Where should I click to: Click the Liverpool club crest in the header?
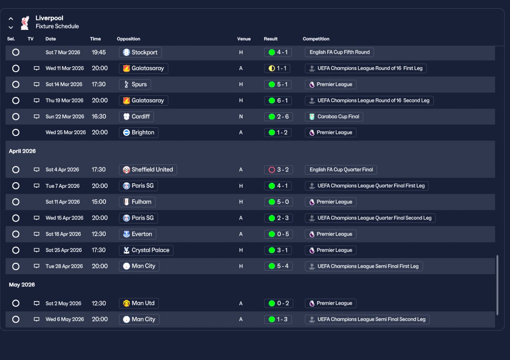[25, 22]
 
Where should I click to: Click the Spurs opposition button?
[135, 85]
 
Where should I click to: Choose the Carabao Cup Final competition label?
[334, 117]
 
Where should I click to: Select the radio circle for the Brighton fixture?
[16, 132]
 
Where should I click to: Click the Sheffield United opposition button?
[147, 169]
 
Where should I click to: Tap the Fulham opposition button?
[137, 202]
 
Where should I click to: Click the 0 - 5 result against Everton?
[278, 234]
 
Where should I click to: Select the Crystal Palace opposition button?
[146, 250]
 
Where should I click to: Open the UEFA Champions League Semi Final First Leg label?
[363, 266]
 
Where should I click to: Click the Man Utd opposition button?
[139, 303]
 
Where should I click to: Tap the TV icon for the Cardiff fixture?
[37, 117]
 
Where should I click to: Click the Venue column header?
[244, 39]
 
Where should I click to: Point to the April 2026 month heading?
[22, 151]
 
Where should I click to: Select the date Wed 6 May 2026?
[65, 319]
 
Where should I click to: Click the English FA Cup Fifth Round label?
[339, 52]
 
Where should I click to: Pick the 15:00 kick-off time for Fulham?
[99, 202]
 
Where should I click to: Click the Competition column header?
[316, 39]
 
